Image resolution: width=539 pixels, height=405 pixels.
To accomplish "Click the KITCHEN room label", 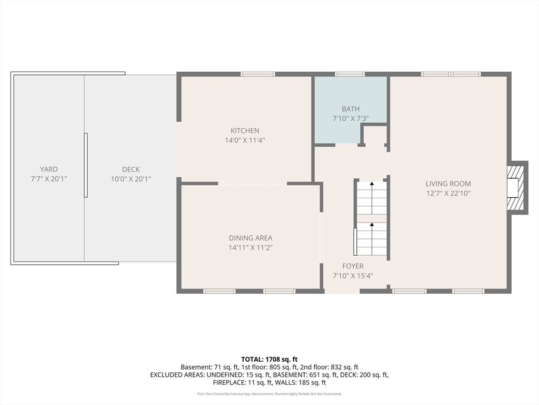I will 245,131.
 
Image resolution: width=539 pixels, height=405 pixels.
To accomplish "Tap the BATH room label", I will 351,109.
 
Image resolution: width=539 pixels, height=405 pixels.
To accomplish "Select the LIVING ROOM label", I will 448,184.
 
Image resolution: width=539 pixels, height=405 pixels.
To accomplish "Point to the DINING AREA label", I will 251,238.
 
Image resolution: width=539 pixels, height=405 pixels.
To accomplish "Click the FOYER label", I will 352,266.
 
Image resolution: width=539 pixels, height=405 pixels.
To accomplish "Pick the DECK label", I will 131,169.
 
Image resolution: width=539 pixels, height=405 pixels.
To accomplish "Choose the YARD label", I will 49,169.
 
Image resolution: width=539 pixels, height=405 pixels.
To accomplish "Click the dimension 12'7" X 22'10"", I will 448,194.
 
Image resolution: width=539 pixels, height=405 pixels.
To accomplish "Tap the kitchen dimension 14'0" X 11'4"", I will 245,140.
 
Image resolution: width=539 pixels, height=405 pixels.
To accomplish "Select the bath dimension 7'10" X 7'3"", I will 351,119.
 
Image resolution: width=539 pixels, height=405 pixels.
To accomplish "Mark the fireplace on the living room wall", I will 516,188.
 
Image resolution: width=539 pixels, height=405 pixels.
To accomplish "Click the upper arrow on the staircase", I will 372,185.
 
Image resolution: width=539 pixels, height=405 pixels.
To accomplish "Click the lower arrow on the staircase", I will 372,226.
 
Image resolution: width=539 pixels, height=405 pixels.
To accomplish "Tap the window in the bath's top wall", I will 350,74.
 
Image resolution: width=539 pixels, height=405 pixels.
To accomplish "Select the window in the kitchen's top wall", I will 257,74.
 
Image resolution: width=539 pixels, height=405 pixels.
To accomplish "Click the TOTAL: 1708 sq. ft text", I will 269,359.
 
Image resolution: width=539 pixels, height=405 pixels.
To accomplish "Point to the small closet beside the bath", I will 375,135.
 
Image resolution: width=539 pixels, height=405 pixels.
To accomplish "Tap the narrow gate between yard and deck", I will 86,165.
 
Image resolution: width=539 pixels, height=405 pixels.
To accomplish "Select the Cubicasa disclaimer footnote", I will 269,394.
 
